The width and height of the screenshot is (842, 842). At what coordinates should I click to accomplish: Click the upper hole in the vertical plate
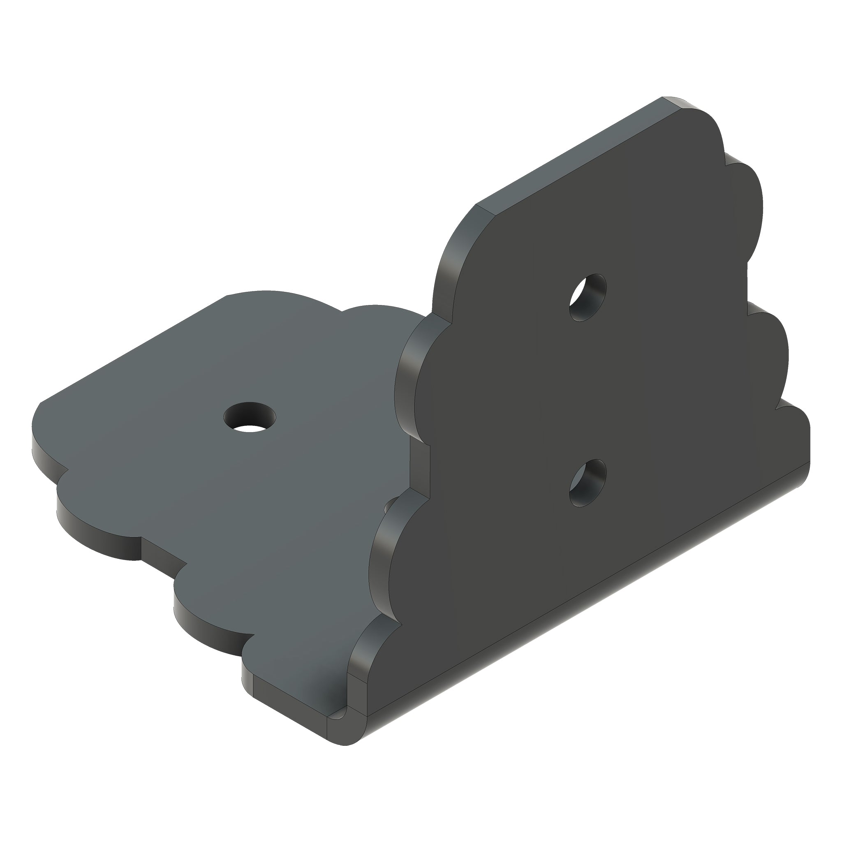click(x=588, y=298)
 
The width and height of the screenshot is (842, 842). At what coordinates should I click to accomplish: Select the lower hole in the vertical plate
click(x=588, y=483)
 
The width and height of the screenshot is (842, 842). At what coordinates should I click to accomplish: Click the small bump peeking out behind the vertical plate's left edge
click(x=390, y=506)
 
